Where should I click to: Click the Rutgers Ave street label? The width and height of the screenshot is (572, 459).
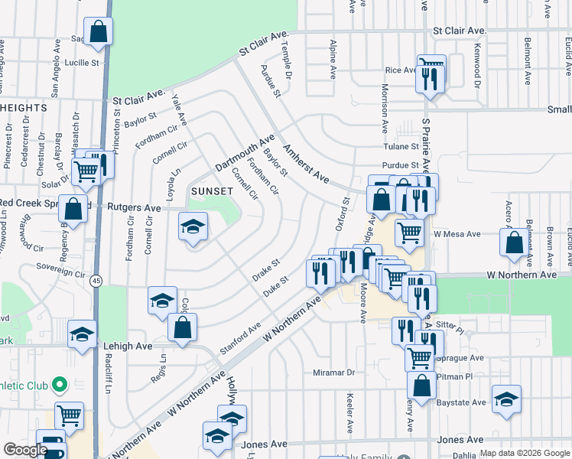(x=134, y=207)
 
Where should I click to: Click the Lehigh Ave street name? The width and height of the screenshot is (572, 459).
(x=127, y=346)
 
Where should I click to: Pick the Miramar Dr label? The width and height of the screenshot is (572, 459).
(x=334, y=373)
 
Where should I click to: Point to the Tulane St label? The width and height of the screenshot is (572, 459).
(x=401, y=146)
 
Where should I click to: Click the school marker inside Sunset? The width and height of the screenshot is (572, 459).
(x=193, y=226)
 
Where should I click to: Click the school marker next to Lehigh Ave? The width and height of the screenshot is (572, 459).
(x=82, y=334)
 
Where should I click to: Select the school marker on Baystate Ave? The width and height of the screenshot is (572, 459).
(x=505, y=399)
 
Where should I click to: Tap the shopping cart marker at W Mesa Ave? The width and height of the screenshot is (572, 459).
(x=410, y=232)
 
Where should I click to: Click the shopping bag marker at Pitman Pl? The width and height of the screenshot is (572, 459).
(x=421, y=386)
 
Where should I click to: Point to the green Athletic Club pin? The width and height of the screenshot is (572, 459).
(x=59, y=384)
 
